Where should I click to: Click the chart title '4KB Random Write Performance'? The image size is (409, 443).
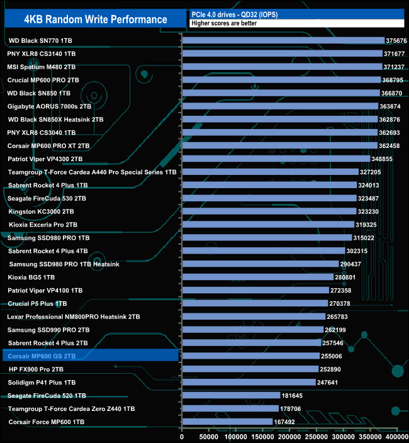[x=95, y=19]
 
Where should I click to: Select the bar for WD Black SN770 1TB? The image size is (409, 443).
[x=283, y=40]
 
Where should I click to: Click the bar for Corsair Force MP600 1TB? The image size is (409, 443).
[x=227, y=422]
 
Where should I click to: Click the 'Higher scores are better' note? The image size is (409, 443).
[x=224, y=23]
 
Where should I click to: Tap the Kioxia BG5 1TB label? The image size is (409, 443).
[x=31, y=277]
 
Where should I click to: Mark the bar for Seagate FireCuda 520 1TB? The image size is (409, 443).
[x=230, y=395]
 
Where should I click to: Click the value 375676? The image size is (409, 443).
[x=397, y=41]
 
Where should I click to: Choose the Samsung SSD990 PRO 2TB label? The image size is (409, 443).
[x=48, y=330]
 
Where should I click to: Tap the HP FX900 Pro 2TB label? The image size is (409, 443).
[x=36, y=369]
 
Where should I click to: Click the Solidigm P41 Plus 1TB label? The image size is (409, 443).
[x=42, y=383]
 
